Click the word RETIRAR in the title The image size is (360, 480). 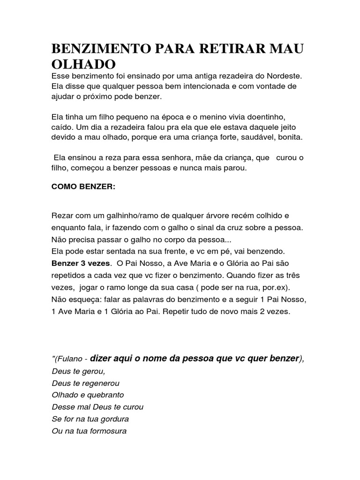[x=219, y=48]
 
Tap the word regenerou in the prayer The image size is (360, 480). [x=103, y=382]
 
